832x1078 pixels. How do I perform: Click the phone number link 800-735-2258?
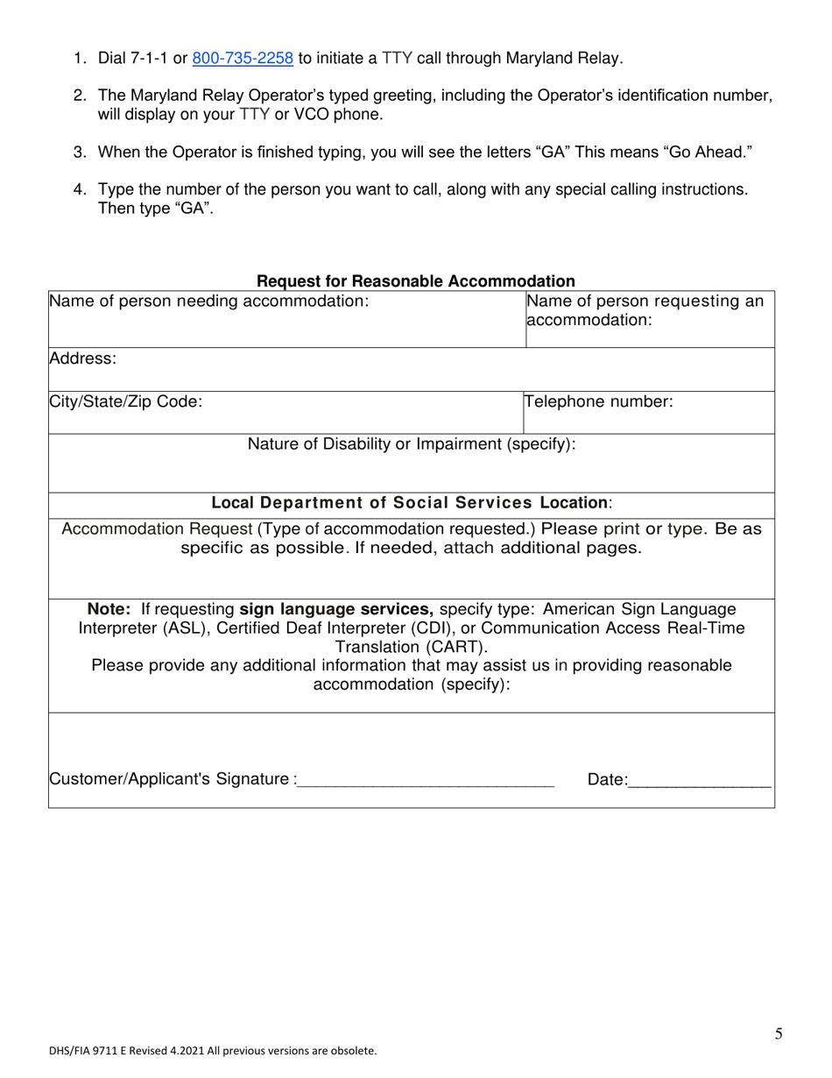[242, 59]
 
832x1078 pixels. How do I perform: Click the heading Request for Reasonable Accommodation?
[415, 281]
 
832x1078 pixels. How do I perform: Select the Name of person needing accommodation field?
[208, 301]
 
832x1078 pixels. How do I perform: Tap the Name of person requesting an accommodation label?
[645, 310]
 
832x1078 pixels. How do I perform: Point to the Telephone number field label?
[599, 402]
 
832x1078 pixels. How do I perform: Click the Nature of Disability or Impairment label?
[412, 444]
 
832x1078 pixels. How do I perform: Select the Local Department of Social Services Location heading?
[412, 503]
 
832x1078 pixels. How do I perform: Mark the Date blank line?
[699, 780]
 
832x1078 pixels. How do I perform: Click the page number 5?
[779, 1034]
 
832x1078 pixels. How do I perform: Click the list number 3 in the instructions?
[80, 152]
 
